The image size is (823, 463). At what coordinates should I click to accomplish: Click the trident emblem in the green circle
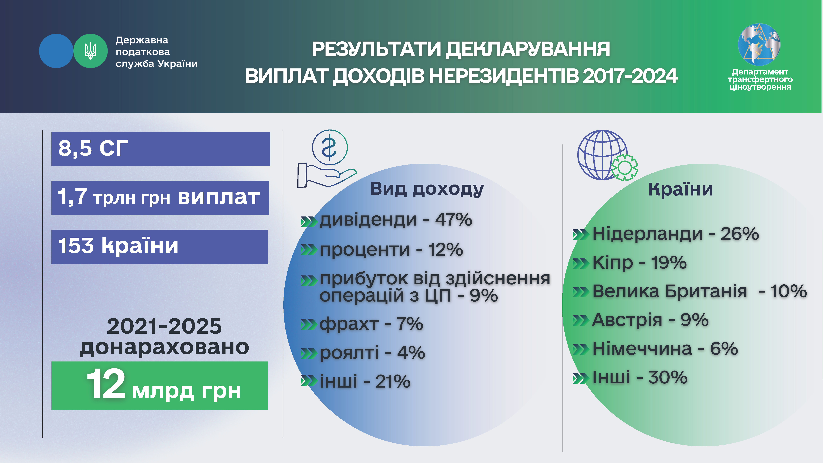90,51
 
